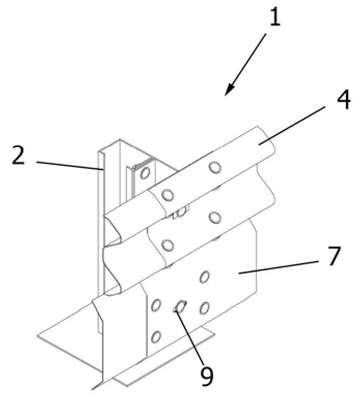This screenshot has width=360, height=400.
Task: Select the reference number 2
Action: click(x=18, y=155)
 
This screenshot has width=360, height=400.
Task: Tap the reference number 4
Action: click(x=343, y=101)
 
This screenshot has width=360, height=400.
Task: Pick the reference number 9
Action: click(x=207, y=376)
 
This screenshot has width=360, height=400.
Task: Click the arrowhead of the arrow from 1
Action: click(x=229, y=90)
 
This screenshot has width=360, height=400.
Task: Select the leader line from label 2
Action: click(x=69, y=166)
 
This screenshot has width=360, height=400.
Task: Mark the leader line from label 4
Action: click(x=292, y=125)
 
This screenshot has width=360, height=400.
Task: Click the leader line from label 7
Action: click(x=279, y=267)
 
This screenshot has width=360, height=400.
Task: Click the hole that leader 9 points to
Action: click(x=181, y=306)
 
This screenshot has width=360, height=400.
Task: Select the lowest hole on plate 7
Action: click(x=156, y=337)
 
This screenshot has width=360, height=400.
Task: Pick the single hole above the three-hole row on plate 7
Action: click(x=204, y=277)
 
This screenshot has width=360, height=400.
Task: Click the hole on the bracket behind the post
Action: click(x=145, y=173)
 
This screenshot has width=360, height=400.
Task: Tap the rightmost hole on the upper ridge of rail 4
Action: click(x=215, y=167)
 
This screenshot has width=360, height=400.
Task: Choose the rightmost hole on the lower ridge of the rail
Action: click(x=215, y=218)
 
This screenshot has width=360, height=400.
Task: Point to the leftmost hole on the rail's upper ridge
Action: click(x=167, y=195)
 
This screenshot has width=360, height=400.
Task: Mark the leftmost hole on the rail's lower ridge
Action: click(x=167, y=246)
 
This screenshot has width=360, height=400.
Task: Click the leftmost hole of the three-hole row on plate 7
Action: click(x=156, y=305)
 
